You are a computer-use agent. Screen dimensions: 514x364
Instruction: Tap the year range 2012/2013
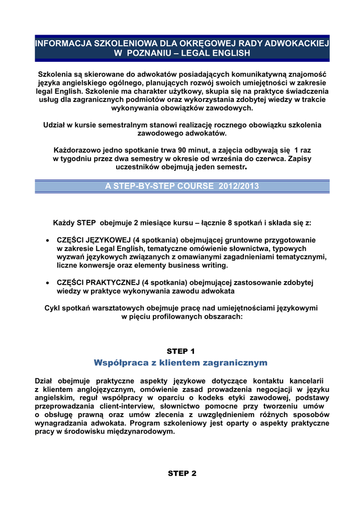(239, 186)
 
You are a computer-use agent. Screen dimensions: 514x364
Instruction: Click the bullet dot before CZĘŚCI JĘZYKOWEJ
(47, 240)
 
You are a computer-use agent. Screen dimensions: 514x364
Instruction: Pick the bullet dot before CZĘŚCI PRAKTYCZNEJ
(47, 283)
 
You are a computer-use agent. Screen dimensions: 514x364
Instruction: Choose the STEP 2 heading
(181, 473)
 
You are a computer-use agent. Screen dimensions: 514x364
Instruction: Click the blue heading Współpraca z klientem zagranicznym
(180, 362)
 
